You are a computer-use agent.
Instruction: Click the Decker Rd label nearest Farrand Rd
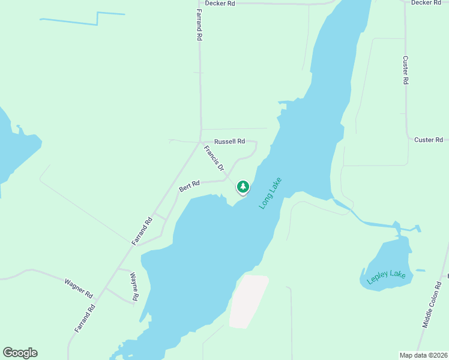[220, 3]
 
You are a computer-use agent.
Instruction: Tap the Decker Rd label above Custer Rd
[426, 3]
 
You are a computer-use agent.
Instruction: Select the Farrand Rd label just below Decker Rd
[199, 25]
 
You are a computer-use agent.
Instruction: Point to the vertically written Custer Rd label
[406, 70]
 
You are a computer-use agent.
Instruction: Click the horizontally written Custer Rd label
[429, 140]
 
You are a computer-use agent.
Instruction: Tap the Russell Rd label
[230, 142]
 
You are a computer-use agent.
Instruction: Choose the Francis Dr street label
[214, 158]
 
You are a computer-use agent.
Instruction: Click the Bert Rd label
[189, 187]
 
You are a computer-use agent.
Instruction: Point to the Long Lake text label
[270, 193]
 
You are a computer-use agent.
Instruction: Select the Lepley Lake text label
[387, 277]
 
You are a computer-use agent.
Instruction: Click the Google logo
[20, 353]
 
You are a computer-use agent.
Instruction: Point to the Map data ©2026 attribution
[423, 355]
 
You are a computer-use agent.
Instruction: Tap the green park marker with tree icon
[243, 187]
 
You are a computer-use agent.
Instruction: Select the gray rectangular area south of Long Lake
[247, 301]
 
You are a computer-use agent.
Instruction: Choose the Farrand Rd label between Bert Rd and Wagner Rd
[142, 231]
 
